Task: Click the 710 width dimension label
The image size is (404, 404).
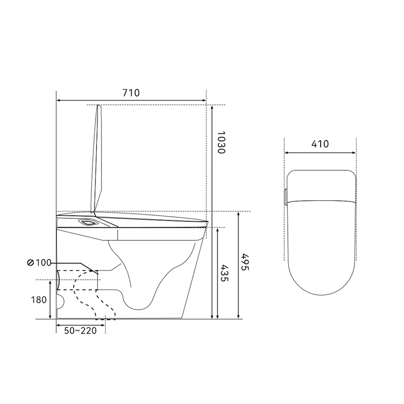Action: click(131, 93)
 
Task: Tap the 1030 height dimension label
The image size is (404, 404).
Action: click(221, 142)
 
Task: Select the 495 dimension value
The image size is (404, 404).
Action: click(245, 262)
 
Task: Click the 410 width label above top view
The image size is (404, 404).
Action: click(320, 144)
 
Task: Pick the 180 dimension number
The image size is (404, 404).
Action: click(39, 300)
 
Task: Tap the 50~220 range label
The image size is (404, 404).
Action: click(80, 331)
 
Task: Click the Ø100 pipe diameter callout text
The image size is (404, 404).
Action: click(39, 263)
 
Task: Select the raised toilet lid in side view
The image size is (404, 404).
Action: click(96, 159)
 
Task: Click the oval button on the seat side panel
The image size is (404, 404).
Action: click(87, 222)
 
